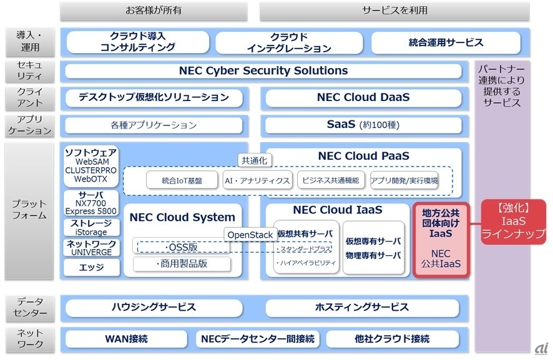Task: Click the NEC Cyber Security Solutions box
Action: [263, 71]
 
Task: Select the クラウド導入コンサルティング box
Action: [138, 42]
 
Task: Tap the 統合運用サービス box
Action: [446, 42]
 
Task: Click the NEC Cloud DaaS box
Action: [363, 97]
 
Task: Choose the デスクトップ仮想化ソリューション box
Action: [154, 97]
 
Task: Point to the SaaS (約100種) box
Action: [363, 125]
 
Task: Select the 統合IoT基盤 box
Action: [182, 181]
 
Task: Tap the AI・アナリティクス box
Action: [257, 181]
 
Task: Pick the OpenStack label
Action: [250, 235]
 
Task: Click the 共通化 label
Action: [254, 160]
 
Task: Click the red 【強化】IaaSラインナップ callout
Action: [513, 221]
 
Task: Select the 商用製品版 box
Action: [181, 264]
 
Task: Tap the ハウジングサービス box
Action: [154, 308]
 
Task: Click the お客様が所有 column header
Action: [154, 11]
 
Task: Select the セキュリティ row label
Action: [30, 71]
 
